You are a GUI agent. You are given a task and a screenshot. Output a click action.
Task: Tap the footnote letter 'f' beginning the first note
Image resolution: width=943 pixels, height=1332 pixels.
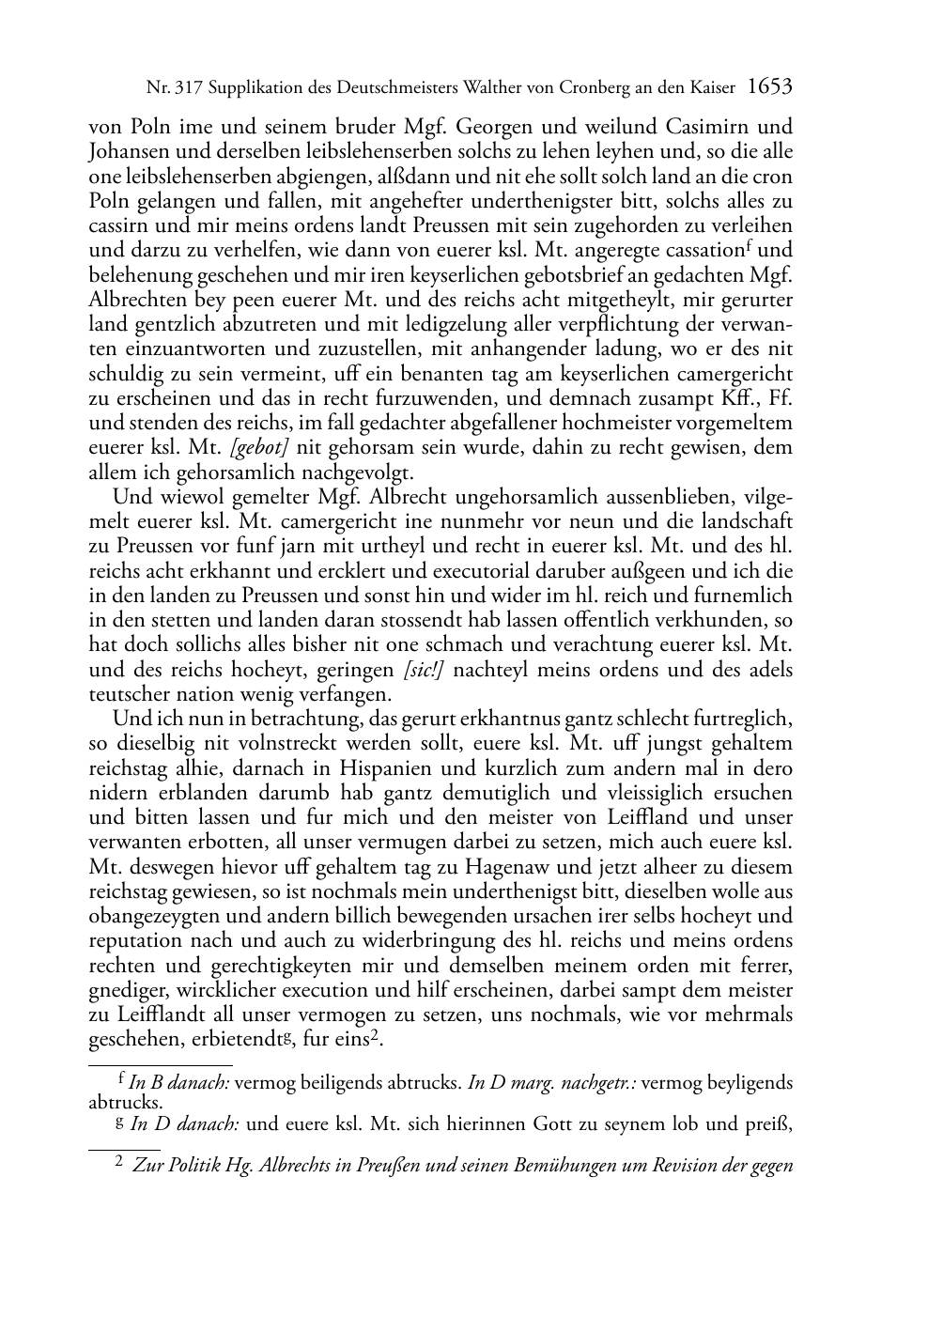coord(121,1080)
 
